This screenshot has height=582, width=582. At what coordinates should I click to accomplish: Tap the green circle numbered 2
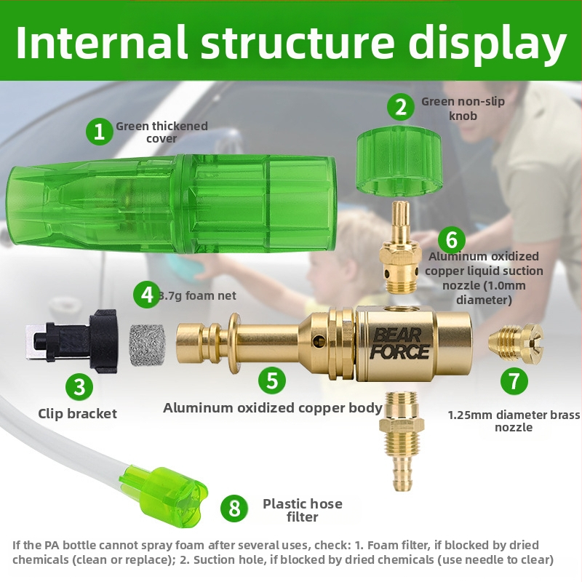pos(400,107)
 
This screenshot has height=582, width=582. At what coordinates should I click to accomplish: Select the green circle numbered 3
pos(79,386)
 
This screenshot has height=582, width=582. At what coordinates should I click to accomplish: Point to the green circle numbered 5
pos(271,380)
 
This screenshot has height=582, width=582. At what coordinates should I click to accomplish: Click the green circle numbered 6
pos(451,239)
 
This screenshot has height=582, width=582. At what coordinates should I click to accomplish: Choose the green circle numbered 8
pos(234,507)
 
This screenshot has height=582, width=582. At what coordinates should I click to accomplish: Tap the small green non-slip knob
pos(399,161)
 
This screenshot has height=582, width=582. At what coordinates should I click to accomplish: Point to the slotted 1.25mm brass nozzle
pos(518,343)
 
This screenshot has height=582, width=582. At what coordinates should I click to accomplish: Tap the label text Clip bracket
pos(77,414)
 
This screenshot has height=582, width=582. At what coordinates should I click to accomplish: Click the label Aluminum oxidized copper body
pos(273,408)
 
